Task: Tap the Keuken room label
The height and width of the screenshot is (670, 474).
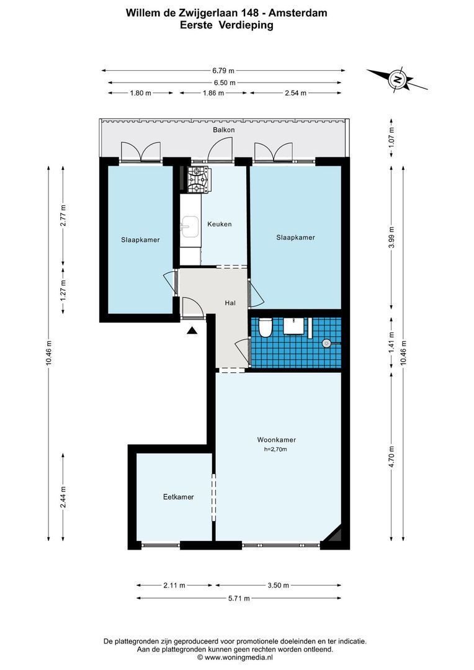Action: [x=219, y=224]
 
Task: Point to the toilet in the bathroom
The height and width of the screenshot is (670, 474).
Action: [x=266, y=327]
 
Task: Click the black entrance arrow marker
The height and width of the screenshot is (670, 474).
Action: [x=192, y=331]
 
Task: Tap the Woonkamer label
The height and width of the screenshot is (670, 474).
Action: [x=276, y=440]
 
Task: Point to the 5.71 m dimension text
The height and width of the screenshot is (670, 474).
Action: [x=238, y=598]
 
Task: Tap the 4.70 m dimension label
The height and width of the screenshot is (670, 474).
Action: [x=391, y=456]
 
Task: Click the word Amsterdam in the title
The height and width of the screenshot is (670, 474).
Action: [x=298, y=12]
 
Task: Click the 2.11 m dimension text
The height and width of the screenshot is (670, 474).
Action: [x=175, y=585]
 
